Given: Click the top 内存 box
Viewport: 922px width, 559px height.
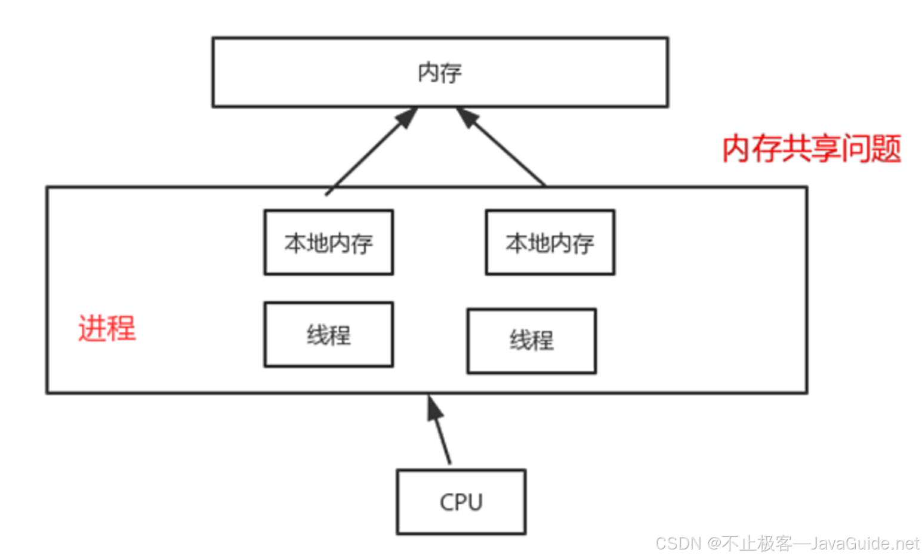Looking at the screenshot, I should pos(440,72).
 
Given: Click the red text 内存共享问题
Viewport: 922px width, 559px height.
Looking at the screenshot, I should pos(811,149).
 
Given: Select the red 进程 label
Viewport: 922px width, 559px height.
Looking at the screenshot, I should pos(107,328).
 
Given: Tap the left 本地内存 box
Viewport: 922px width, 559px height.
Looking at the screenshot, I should pos(328,242).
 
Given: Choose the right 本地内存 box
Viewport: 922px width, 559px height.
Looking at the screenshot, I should pos(550,242).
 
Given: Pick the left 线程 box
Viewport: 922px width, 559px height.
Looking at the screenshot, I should pos(328,334).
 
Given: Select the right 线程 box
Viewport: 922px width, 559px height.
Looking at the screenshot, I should pos(531,341).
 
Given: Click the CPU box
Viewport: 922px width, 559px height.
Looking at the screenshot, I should pos(461,502).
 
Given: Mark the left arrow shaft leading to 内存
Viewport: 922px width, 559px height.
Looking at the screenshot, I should pos(364,157).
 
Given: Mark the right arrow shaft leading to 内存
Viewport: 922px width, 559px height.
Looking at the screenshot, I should pos(507,152).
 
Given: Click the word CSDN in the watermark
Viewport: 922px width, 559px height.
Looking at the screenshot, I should pos(678,543).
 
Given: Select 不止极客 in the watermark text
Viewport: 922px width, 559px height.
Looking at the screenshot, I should pos(757,543).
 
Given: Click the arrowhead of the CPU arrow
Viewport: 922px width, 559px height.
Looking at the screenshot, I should pos(434,407).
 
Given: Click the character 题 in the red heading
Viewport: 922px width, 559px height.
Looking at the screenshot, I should pos(886,149).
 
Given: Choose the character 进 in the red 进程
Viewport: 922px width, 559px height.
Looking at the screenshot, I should pos(92,328).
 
